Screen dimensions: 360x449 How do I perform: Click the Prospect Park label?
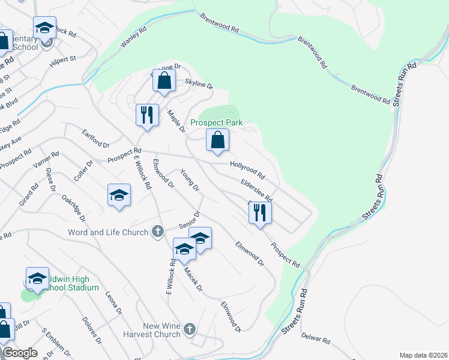tap(217, 122)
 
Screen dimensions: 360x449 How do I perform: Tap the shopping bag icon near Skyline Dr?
tap(164, 81)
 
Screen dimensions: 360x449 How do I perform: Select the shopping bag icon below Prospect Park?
tap(218, 140)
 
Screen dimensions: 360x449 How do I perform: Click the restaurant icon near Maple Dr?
tap(147, 115)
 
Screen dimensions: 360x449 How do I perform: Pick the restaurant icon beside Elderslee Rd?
tap(260, 213)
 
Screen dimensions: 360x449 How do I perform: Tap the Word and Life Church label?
tap(108, 232)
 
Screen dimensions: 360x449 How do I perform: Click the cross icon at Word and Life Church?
tap(158, 231)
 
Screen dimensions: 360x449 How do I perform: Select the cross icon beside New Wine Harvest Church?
tap(190, 328)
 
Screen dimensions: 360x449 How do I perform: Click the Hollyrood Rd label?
tap(247, 170)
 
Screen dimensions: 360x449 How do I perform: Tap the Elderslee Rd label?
tap(256, 190)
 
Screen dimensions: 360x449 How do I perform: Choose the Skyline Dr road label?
tap(199, 85)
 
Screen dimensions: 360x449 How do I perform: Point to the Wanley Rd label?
tap(134, 40)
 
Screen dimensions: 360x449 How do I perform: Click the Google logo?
tap(20, 353)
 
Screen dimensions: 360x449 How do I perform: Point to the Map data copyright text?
tap(423, 355)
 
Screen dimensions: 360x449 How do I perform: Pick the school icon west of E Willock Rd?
tap(119, 196)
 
